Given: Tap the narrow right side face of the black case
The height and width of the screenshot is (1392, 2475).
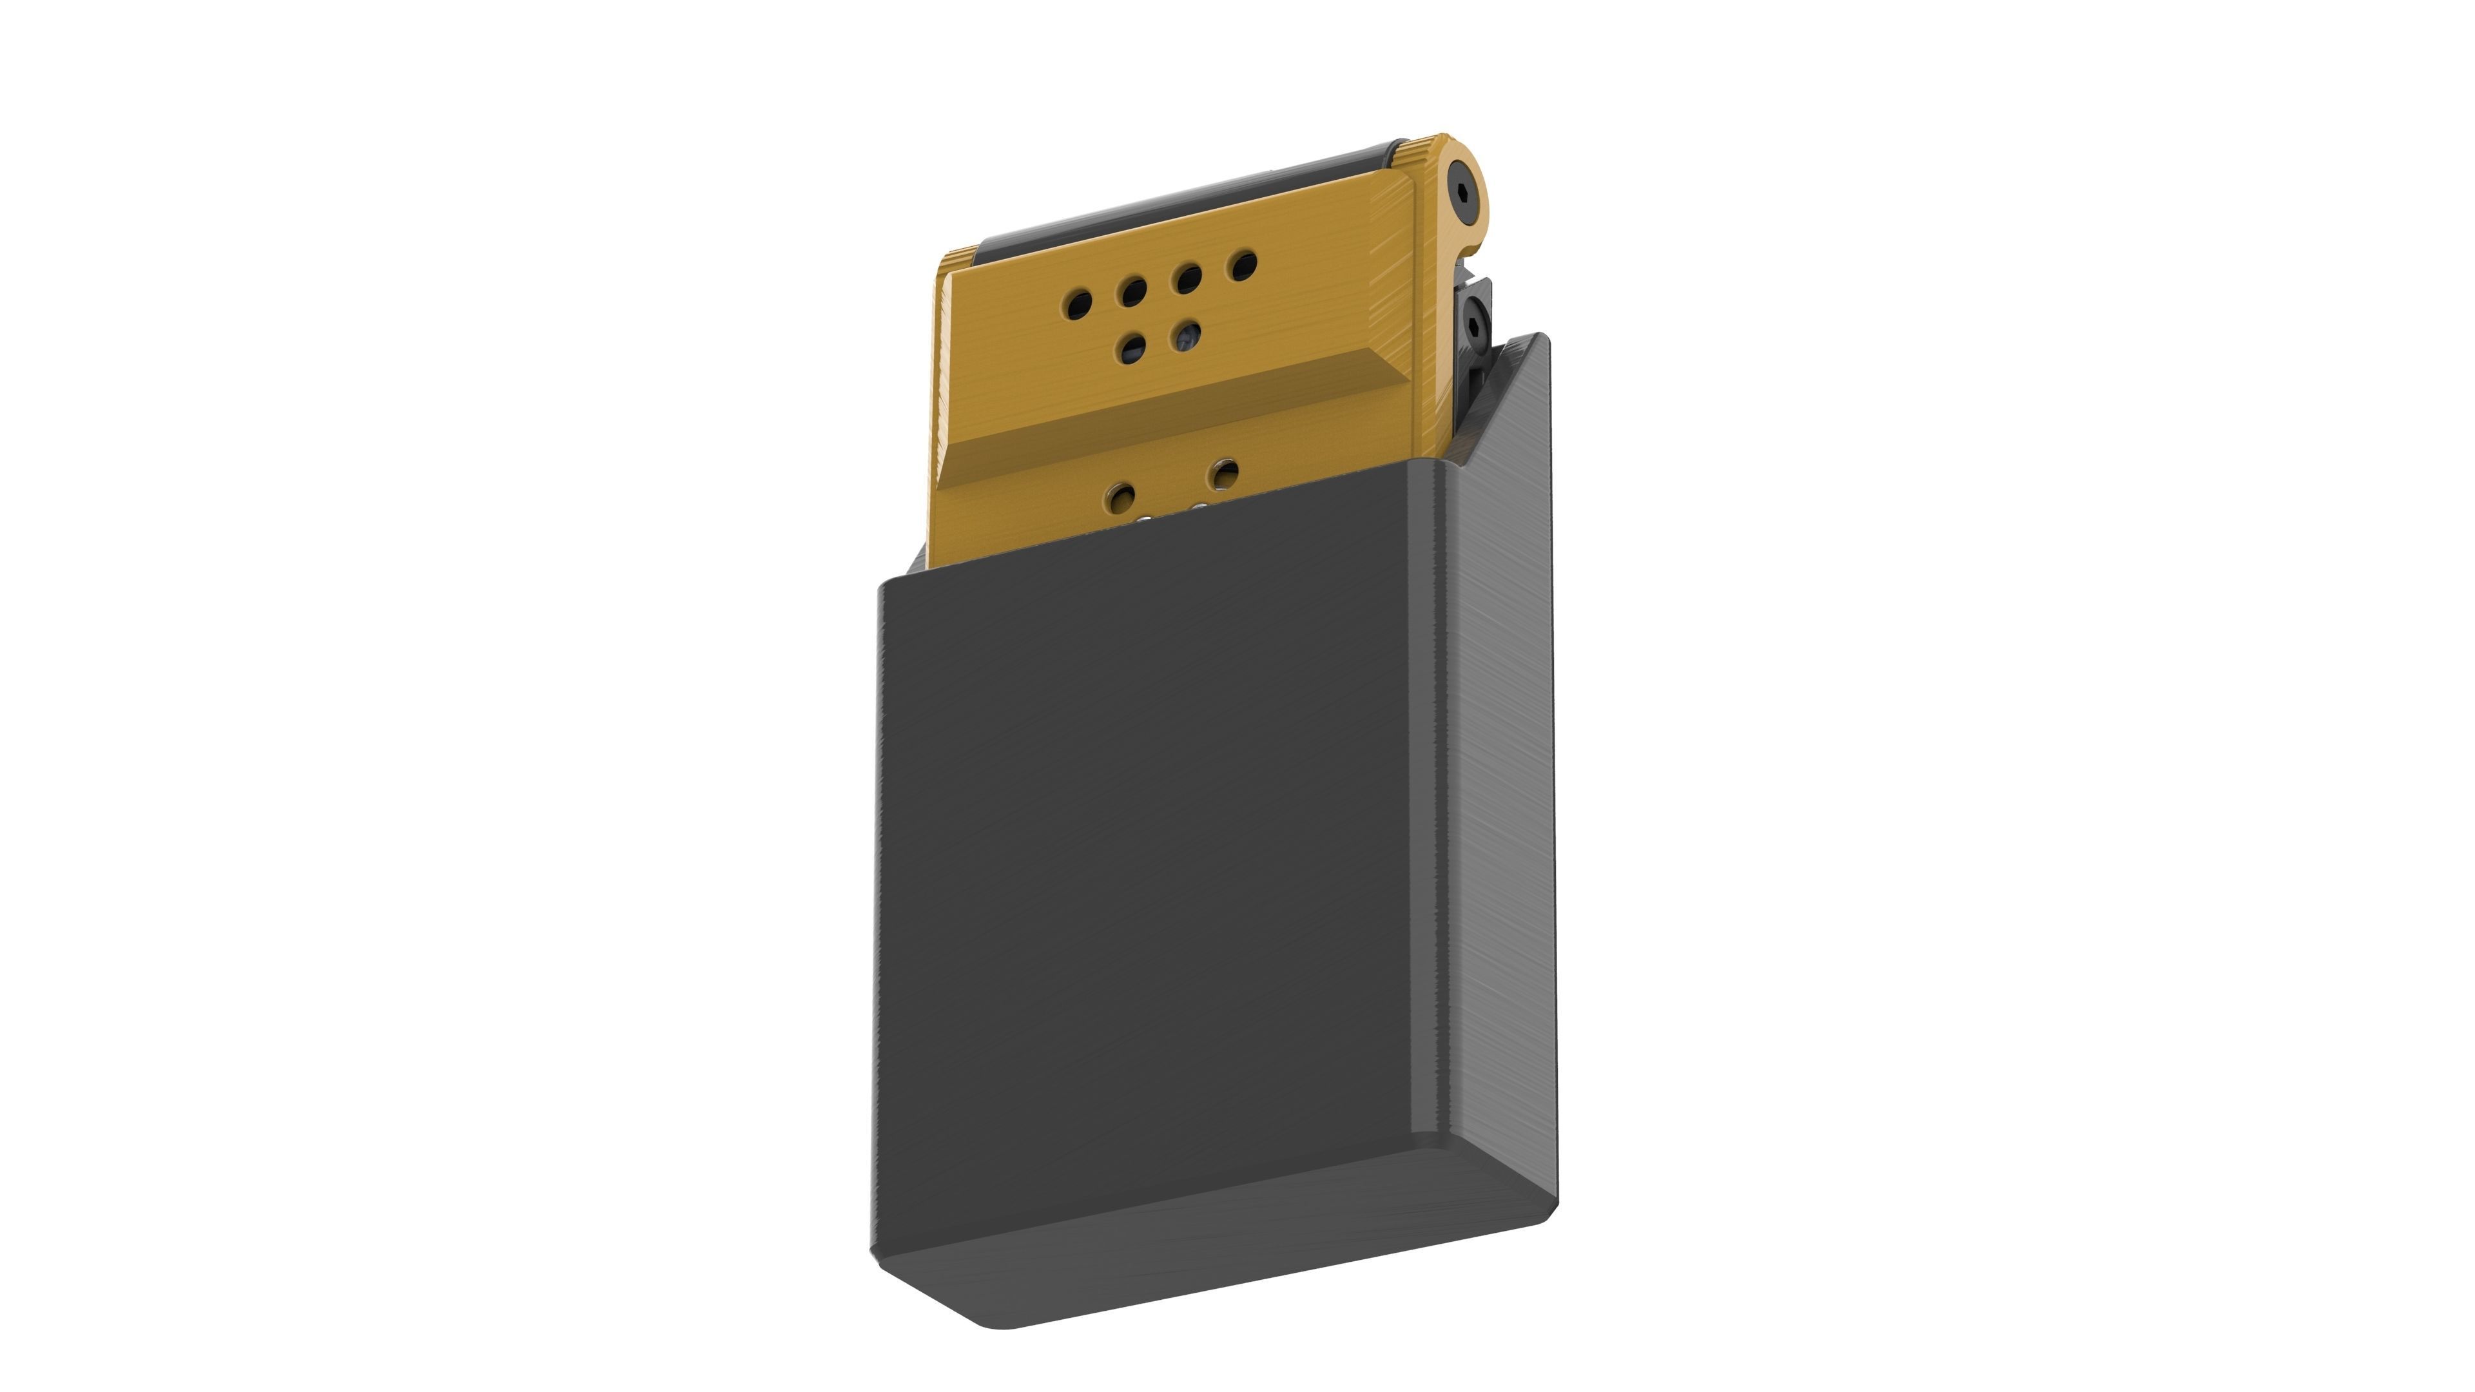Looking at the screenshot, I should point(1499,769).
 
